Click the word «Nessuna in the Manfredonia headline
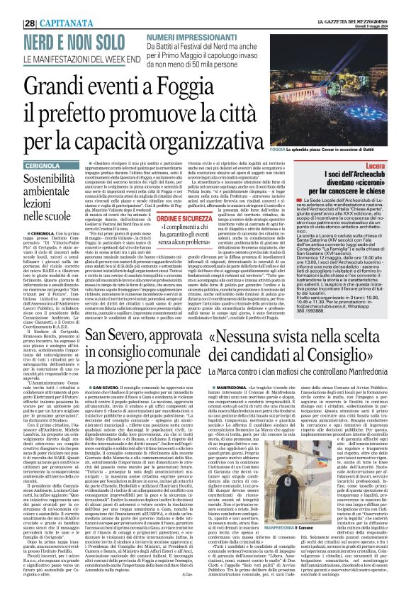point(252,339)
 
